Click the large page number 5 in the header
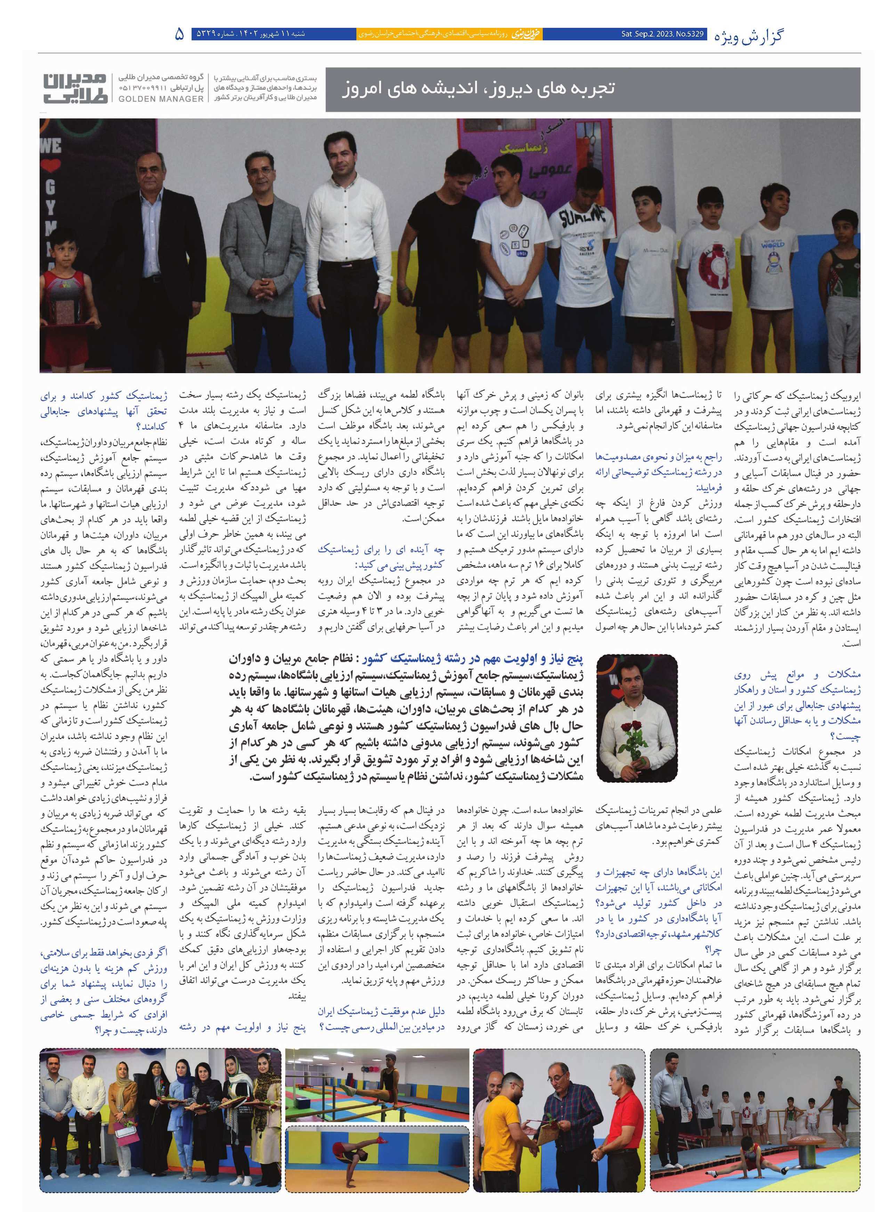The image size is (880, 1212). click(179, 34)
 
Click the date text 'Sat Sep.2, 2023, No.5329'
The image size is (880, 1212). click(663, 34)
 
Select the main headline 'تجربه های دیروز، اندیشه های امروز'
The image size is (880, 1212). click(478, 88)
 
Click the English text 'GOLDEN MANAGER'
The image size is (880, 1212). click(161, 99)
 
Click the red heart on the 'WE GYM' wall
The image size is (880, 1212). click(50, 166)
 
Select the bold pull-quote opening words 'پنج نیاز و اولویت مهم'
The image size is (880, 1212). click(529, 660)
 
